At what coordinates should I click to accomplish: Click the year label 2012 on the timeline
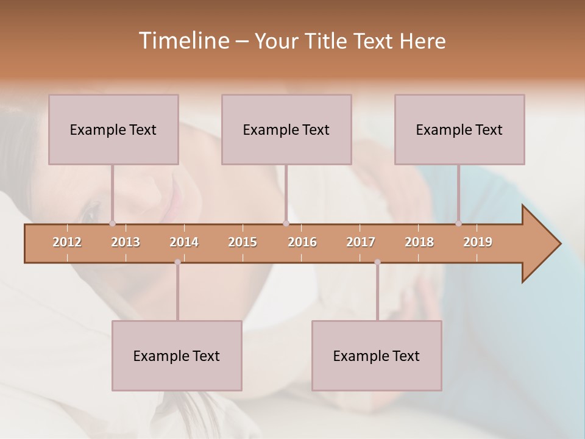[x=67, y=242]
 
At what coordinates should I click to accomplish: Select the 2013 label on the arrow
[x=126, y=242]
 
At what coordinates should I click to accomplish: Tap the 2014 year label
[x=184, y=242]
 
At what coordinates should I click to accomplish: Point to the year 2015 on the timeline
[x=243, y=242]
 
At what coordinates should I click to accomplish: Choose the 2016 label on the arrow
[x=302, y=242]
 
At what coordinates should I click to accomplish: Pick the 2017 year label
[x=361, y=242]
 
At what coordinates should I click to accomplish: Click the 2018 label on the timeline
[x=419, y=242]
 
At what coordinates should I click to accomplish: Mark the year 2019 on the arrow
[x=478, y=242]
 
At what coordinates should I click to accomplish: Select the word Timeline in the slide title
[x=183, y=41]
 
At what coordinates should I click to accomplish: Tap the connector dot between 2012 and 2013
[x=112, y=223]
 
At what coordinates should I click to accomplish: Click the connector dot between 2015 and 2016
[x=286, y=223]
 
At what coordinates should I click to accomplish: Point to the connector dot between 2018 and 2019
[x=458, y=223]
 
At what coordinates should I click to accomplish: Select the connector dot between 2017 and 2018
[x=377, y=262]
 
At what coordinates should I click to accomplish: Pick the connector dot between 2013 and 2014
[x=177, y=262]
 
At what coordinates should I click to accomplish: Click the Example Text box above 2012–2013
[x=113, y=129]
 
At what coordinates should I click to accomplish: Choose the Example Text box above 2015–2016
[x=286, y=129]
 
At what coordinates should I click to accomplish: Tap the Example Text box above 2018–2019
[x=459, y=129]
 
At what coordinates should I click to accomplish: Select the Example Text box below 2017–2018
[x=377, y=355]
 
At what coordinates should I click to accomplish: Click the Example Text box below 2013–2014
[x=177, y=355]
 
